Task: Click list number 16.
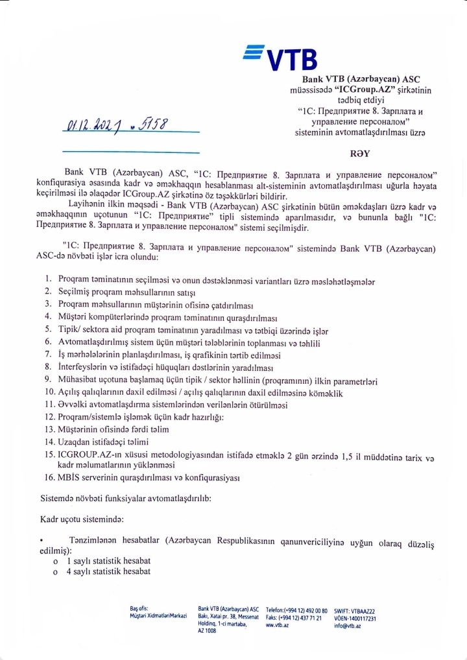[x=49, y=478]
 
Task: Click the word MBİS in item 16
[x=69, y=478]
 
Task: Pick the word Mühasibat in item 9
[x=77, y=380]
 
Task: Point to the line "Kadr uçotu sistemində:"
[x=82, y=519]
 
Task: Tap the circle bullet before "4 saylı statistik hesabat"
[x=56, y=572]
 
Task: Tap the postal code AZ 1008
[x=207, y=630]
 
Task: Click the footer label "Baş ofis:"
[x=139, y=608]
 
